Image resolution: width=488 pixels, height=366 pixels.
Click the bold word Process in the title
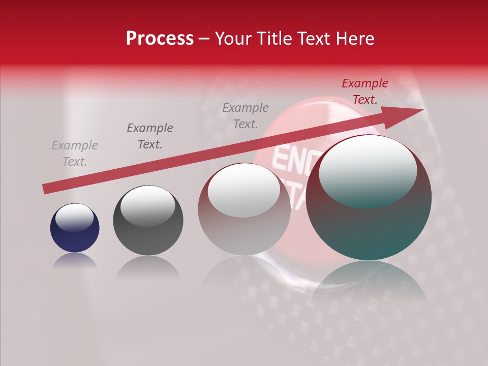click(160, 39)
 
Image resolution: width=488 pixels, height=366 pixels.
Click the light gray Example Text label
click(75, 154)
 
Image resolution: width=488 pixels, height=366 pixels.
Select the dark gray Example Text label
click(149, 136)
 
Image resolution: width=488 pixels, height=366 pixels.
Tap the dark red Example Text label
click(364, 91)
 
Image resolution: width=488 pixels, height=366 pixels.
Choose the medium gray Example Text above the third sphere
click(246, 115)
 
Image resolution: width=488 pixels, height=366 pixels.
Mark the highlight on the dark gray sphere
click(147, 206)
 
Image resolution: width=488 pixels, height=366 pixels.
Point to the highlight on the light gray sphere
click(244, 191)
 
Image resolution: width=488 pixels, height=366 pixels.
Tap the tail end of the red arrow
click(46, 189)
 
